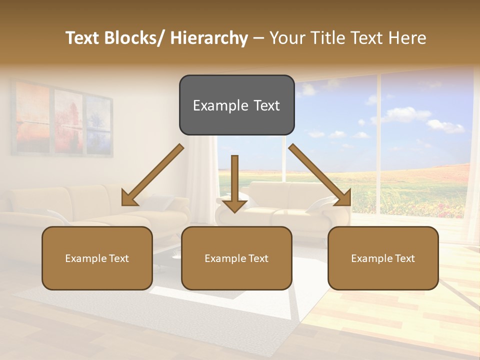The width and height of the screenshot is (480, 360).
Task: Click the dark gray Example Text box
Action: pyautogui.click(x=236, y=105)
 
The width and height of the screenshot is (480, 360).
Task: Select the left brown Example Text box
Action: pyautogui.click(x=97, y=258)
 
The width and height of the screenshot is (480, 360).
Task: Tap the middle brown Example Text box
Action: pyautogui.click(x=236, y=258)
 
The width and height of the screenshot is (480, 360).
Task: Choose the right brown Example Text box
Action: pyautogui.click(x=383, y=258)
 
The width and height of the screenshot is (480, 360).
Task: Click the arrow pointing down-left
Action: pyautogui.click(x=153, y=175)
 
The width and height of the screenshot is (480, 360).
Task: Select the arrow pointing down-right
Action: pyautogui.click(x=319, y=175)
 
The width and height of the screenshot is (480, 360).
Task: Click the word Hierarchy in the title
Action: pyautogui.click(x=208, y=38)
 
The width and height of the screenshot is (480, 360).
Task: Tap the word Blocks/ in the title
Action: pyautogui.click(x=134, y=38)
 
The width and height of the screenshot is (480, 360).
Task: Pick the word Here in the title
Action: pyautogui.click(x=407, y=38)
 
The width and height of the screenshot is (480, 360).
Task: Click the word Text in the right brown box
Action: pyautogui.click(x=404, y=258)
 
